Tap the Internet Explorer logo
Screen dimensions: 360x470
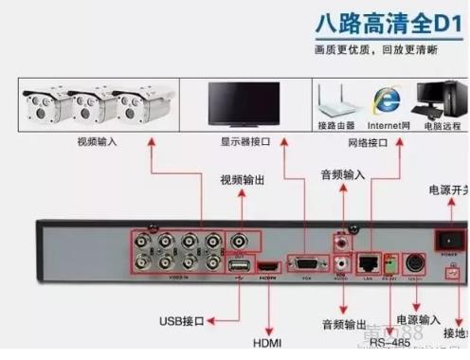pyautogui.click(x=385, y=99)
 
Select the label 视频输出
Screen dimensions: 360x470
pyautogui.click(x=244, y=179)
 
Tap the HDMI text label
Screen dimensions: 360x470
pyautogui.click(x=267, y=341)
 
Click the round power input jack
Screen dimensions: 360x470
pyautogui.click(x=414, y=262)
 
